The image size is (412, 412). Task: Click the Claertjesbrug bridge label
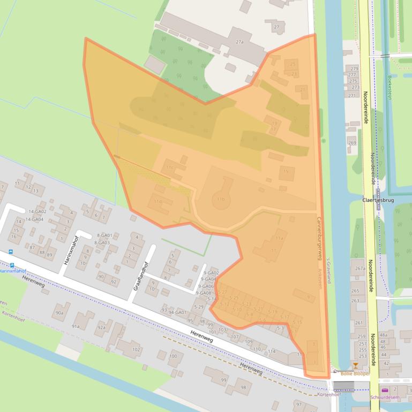point(379,200)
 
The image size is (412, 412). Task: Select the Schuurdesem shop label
point(385,398)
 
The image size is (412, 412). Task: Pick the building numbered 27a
point(239,42)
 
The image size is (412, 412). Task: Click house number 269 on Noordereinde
point(352,143)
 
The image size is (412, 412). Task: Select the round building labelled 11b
point(220,199)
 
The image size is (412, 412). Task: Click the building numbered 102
point(136,349)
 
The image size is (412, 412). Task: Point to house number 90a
point(59,312)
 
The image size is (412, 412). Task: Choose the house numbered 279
point(354,68)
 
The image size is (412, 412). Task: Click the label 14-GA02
point(38,211)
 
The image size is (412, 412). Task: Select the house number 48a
point(383,335)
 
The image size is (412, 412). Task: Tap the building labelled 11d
point(158,202)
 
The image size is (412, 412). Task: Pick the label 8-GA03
point(102,242)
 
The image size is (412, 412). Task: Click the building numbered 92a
point(101,327)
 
